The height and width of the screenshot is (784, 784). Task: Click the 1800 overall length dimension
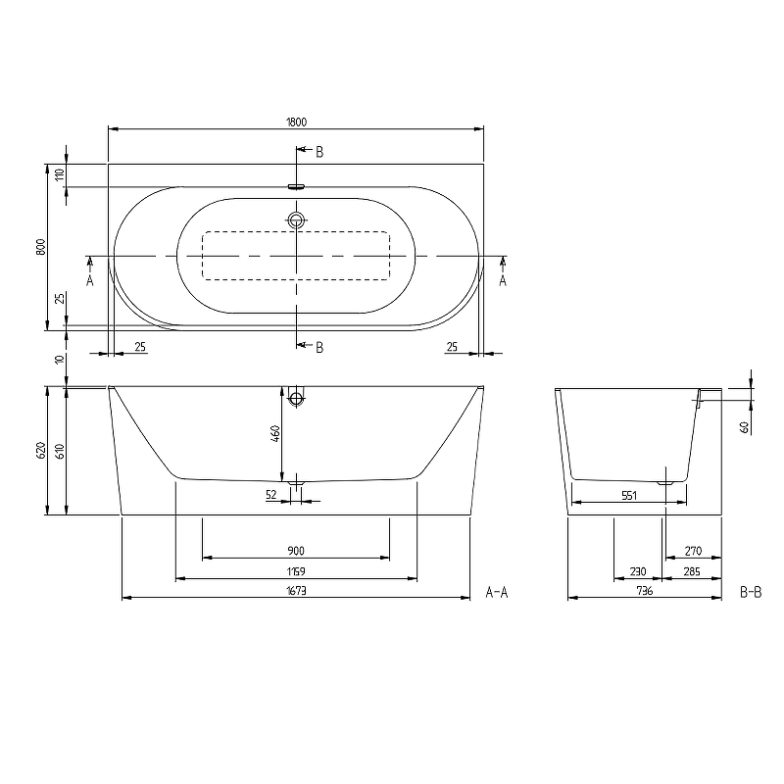click(297, 122)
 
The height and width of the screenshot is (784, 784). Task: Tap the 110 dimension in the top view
click(60, 175)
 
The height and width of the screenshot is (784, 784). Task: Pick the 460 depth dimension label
click(276, 432)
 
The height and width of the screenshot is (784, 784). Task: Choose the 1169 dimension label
click(296, 571)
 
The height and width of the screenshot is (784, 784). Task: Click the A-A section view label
click(497, 591)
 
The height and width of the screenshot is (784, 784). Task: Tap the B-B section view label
click(751, 591)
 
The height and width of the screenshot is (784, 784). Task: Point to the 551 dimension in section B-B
click(630, 496)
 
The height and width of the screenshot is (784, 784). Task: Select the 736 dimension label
click(644, 591)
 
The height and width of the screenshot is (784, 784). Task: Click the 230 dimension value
click(637, 571)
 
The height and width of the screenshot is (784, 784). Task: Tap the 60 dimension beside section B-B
click(744, 426)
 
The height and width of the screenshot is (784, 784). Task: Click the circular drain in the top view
click(297, 220)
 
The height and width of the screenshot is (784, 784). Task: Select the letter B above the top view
click(318, 151)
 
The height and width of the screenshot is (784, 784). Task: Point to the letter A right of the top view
click(504, 279)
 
